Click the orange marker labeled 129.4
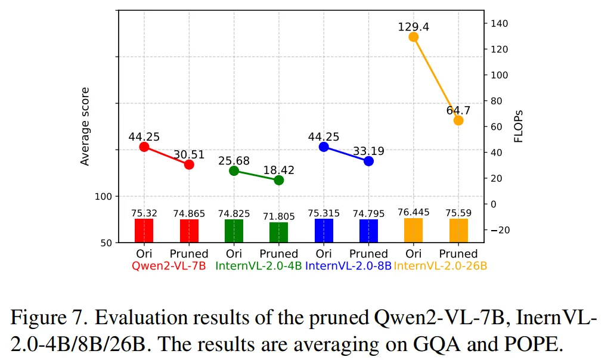[x=414, y=37]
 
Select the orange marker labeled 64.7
[x=458, y=120]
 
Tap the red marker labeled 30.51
[x=189, y=165]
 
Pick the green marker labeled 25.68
[x=234, y=171]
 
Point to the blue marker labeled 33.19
[x=368, y=161]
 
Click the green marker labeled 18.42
[x=279, y=180]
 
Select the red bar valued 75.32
[x=144, y=231]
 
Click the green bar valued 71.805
[x=279, y=232]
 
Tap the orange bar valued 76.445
[x=414, y=230]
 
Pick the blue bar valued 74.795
[x=368, y=231]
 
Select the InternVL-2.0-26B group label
[x=441, y=266]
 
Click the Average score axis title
[x=85, y=126]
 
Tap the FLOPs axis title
[x=519, y=126]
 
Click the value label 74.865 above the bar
[x=189, y=213]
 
